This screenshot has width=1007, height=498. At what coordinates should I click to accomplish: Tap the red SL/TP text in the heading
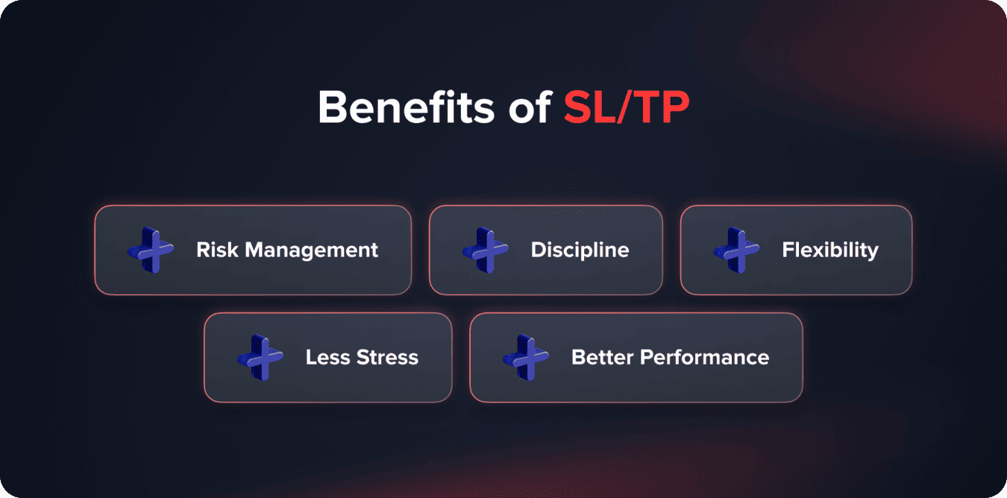[626, 108]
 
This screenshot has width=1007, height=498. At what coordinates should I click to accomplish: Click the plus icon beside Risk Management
[150, 250]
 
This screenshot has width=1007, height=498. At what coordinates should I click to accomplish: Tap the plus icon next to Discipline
[485, 250]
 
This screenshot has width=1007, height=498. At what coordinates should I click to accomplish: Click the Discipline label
[580, 250]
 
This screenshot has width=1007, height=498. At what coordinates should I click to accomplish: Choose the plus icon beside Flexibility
[736, 250]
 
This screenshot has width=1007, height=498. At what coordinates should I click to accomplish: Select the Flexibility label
[829, 250]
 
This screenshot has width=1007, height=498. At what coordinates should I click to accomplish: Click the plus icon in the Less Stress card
[260, 357]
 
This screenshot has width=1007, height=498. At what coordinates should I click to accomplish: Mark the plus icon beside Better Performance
[525, 357]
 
